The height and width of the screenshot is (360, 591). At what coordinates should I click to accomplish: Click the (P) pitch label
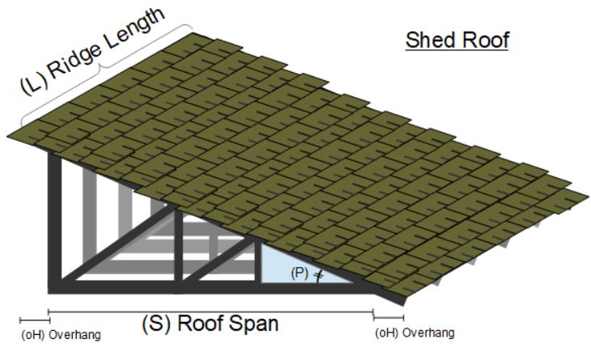tap(299, 273)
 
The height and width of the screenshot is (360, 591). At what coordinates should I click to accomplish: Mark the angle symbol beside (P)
tap(318, 275)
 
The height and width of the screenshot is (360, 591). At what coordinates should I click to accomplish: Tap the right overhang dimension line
tap(389, 316)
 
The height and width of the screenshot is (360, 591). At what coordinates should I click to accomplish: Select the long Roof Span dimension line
tap(210, 311)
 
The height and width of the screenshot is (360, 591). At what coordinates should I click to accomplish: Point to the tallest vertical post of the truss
tap(55, 218)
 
